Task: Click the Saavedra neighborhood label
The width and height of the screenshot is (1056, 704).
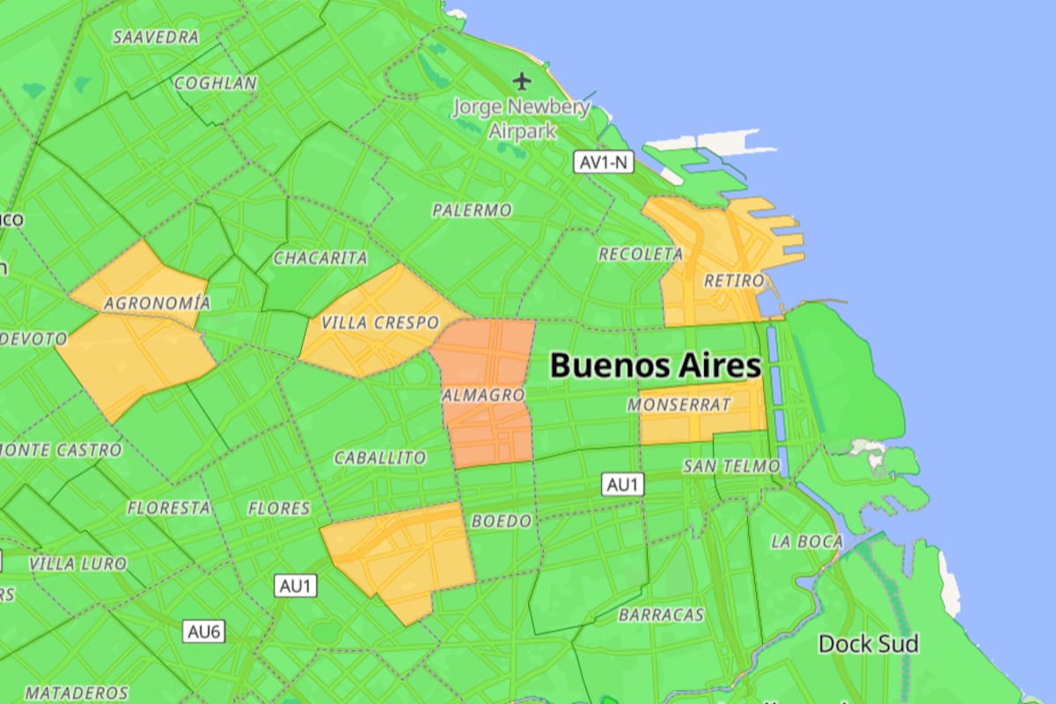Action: (157, 38)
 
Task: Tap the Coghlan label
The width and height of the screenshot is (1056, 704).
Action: (216, 84)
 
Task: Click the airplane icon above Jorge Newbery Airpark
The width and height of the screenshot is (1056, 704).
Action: (523, 82)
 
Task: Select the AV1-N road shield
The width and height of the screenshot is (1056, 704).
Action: (605, 162)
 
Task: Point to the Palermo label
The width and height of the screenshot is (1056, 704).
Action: (472, 210)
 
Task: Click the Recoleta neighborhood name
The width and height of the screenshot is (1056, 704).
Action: (641, 253)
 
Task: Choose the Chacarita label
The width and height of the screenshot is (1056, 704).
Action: (320, 258)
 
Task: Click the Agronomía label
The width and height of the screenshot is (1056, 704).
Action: (157, 304)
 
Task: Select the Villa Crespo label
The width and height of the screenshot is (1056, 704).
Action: (379, 323)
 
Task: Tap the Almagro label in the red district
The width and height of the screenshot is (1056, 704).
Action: (483, 395)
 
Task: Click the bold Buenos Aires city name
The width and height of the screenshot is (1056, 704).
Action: (655, 365)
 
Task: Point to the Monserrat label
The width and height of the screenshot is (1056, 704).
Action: (680, 405)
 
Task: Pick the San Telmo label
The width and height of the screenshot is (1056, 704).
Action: (731, 466)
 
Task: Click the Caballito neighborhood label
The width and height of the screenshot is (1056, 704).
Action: (380, 458)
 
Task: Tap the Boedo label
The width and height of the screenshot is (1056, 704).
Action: (502, 521)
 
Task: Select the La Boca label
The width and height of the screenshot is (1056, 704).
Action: (807, 541)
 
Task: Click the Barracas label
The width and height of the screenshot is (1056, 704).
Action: (661, 614)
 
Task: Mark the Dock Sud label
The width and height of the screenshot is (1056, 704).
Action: (869, 644)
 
